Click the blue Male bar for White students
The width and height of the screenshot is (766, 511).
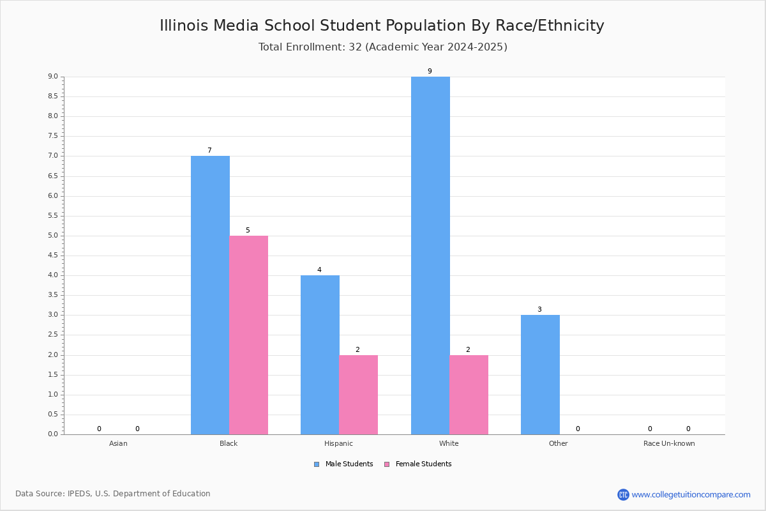coord(430,256)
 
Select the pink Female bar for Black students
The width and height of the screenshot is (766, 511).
coord(248,335)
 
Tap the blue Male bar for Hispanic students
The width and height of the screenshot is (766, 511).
coord(320,355)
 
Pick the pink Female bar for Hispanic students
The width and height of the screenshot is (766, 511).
coord(358,395)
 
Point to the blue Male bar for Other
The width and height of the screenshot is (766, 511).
coord(540,375)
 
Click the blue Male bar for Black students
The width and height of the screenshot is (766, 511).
coord(210,295)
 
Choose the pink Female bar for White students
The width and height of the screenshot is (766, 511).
coord(469,395)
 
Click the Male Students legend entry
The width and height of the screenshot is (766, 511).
coord(343,464)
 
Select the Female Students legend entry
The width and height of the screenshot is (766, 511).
coord(418,464)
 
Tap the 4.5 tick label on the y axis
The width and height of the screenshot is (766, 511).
coord(53,256)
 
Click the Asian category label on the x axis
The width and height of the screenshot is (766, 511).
coord(118,443)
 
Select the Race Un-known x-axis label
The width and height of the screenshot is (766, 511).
coord(669,443)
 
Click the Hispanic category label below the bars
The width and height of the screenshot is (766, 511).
coord(338,443)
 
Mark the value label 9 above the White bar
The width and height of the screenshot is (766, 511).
coord(430,71)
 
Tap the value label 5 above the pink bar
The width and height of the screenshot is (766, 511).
coord(248,231)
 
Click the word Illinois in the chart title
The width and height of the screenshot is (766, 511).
coord(184,26)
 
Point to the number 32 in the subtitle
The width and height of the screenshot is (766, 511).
coord(356,47)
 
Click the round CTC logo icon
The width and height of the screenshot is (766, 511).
coord(623,494)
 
